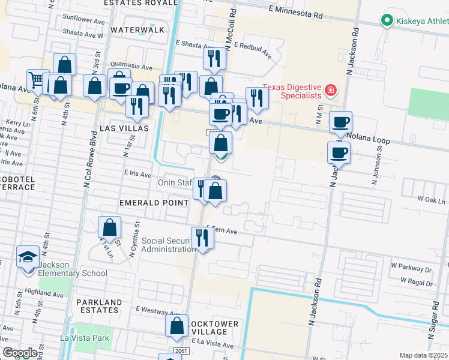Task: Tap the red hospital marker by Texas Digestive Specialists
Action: point(330,91)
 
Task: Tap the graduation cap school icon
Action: point(27,257)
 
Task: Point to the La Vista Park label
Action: point(84,338)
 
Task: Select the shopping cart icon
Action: point(37,80)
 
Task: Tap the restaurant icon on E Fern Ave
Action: point(203,237)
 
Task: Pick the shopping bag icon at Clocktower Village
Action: point(176,326)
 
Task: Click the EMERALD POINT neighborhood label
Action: point(154,203)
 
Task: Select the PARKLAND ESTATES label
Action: point(97,306)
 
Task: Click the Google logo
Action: point(20,353)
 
